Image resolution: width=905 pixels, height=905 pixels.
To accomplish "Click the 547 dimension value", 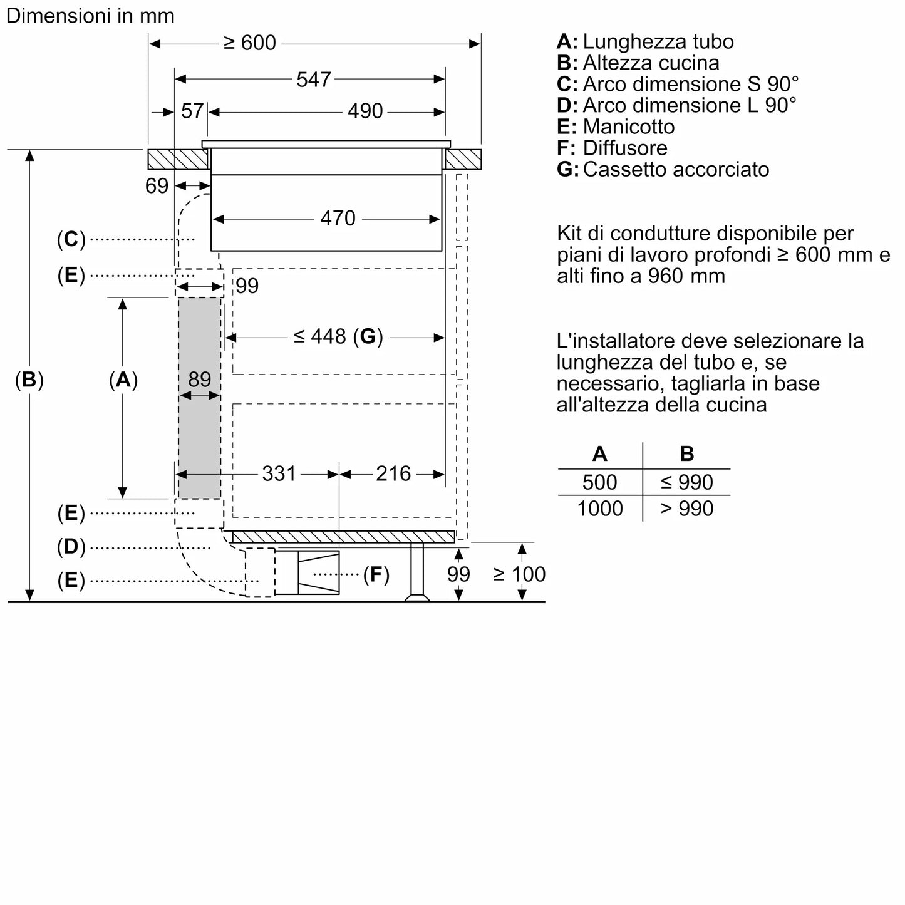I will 313,80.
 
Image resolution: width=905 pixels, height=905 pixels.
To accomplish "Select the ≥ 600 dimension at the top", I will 249,43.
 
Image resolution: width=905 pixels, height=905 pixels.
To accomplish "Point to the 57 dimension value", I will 192,111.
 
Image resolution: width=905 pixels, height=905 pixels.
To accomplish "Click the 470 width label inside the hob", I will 338,219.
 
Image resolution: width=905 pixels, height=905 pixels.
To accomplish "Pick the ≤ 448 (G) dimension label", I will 338,337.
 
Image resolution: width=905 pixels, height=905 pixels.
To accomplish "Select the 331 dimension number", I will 279,473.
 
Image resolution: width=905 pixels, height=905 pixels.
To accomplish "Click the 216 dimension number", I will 393,473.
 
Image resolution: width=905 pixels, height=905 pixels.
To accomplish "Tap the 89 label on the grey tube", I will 199,380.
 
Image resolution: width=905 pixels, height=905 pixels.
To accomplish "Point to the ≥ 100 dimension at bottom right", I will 519,574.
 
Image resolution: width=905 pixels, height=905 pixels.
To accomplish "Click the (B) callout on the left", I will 29,380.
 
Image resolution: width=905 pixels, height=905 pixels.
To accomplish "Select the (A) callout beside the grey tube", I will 123,380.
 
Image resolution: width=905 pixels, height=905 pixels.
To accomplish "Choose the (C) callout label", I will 71,239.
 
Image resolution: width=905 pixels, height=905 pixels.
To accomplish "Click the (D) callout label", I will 71,547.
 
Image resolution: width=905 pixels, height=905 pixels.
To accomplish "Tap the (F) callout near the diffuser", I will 376,574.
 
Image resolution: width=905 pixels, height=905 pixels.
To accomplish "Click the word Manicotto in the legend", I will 628,127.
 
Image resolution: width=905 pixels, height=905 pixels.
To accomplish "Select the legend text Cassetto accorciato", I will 676,169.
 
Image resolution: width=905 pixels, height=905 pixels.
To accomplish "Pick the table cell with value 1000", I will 599,508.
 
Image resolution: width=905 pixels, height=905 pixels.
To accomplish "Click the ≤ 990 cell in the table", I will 686,482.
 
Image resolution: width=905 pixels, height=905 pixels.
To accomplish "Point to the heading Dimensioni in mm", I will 90,16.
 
